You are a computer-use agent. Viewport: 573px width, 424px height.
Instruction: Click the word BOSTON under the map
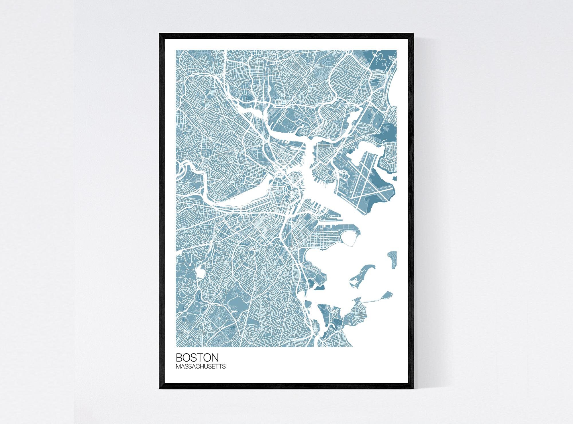pos(197,358)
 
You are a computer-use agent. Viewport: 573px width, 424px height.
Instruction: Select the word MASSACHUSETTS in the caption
pos(201,366)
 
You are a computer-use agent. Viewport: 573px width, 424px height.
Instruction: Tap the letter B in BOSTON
pos(179,358)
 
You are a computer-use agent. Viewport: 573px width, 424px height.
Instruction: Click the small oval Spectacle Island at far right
pos(392,259)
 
